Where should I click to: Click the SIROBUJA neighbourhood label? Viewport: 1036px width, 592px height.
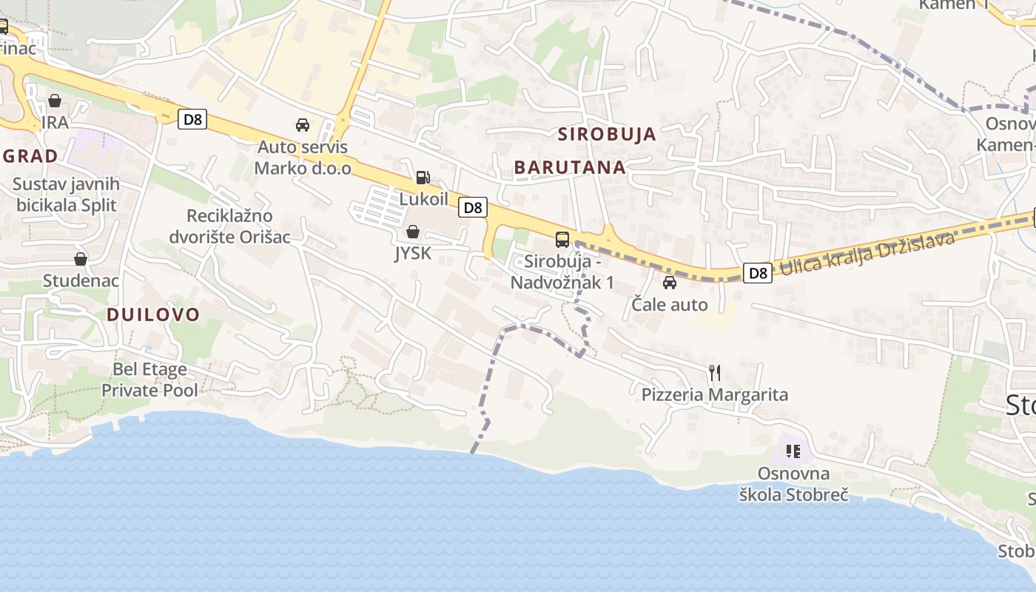[x=607, y=134]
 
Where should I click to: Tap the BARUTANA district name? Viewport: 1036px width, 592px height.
[x=570, y=167]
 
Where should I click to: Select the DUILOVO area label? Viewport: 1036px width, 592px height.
[x=153, y=314]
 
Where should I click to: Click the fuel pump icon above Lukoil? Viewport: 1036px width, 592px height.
[x=423, y=178]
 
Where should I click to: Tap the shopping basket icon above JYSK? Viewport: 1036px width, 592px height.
[x=413, y=232]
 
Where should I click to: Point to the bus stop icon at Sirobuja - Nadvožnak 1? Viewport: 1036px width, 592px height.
[x=562, y=240]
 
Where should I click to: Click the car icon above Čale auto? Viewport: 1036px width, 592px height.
[x=670, y=283]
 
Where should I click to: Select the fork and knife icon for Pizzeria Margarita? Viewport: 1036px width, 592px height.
[x=715, y=372]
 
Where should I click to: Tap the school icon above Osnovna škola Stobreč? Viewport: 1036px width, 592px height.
[x=794, y=451]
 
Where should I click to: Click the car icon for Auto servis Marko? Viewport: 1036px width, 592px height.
[x=303, y=125]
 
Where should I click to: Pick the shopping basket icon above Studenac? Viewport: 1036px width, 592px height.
[x=81, y=259]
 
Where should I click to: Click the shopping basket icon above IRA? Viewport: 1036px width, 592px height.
[x=55, y=101]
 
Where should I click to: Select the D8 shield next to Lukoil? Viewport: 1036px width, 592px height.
[x=473, y=208]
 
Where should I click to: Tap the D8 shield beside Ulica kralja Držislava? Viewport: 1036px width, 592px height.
[x=758, y=273]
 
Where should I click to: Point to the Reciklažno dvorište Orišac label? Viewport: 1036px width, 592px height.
[x=229, y=226]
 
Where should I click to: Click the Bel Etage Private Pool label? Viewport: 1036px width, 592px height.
[x=149, y=380]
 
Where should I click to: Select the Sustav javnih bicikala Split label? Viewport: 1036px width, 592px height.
[x=67, y=195]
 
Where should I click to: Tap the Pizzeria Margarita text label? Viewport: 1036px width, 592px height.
[x=715, y=395]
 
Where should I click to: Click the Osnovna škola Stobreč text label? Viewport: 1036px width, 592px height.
[x=794, y=484]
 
